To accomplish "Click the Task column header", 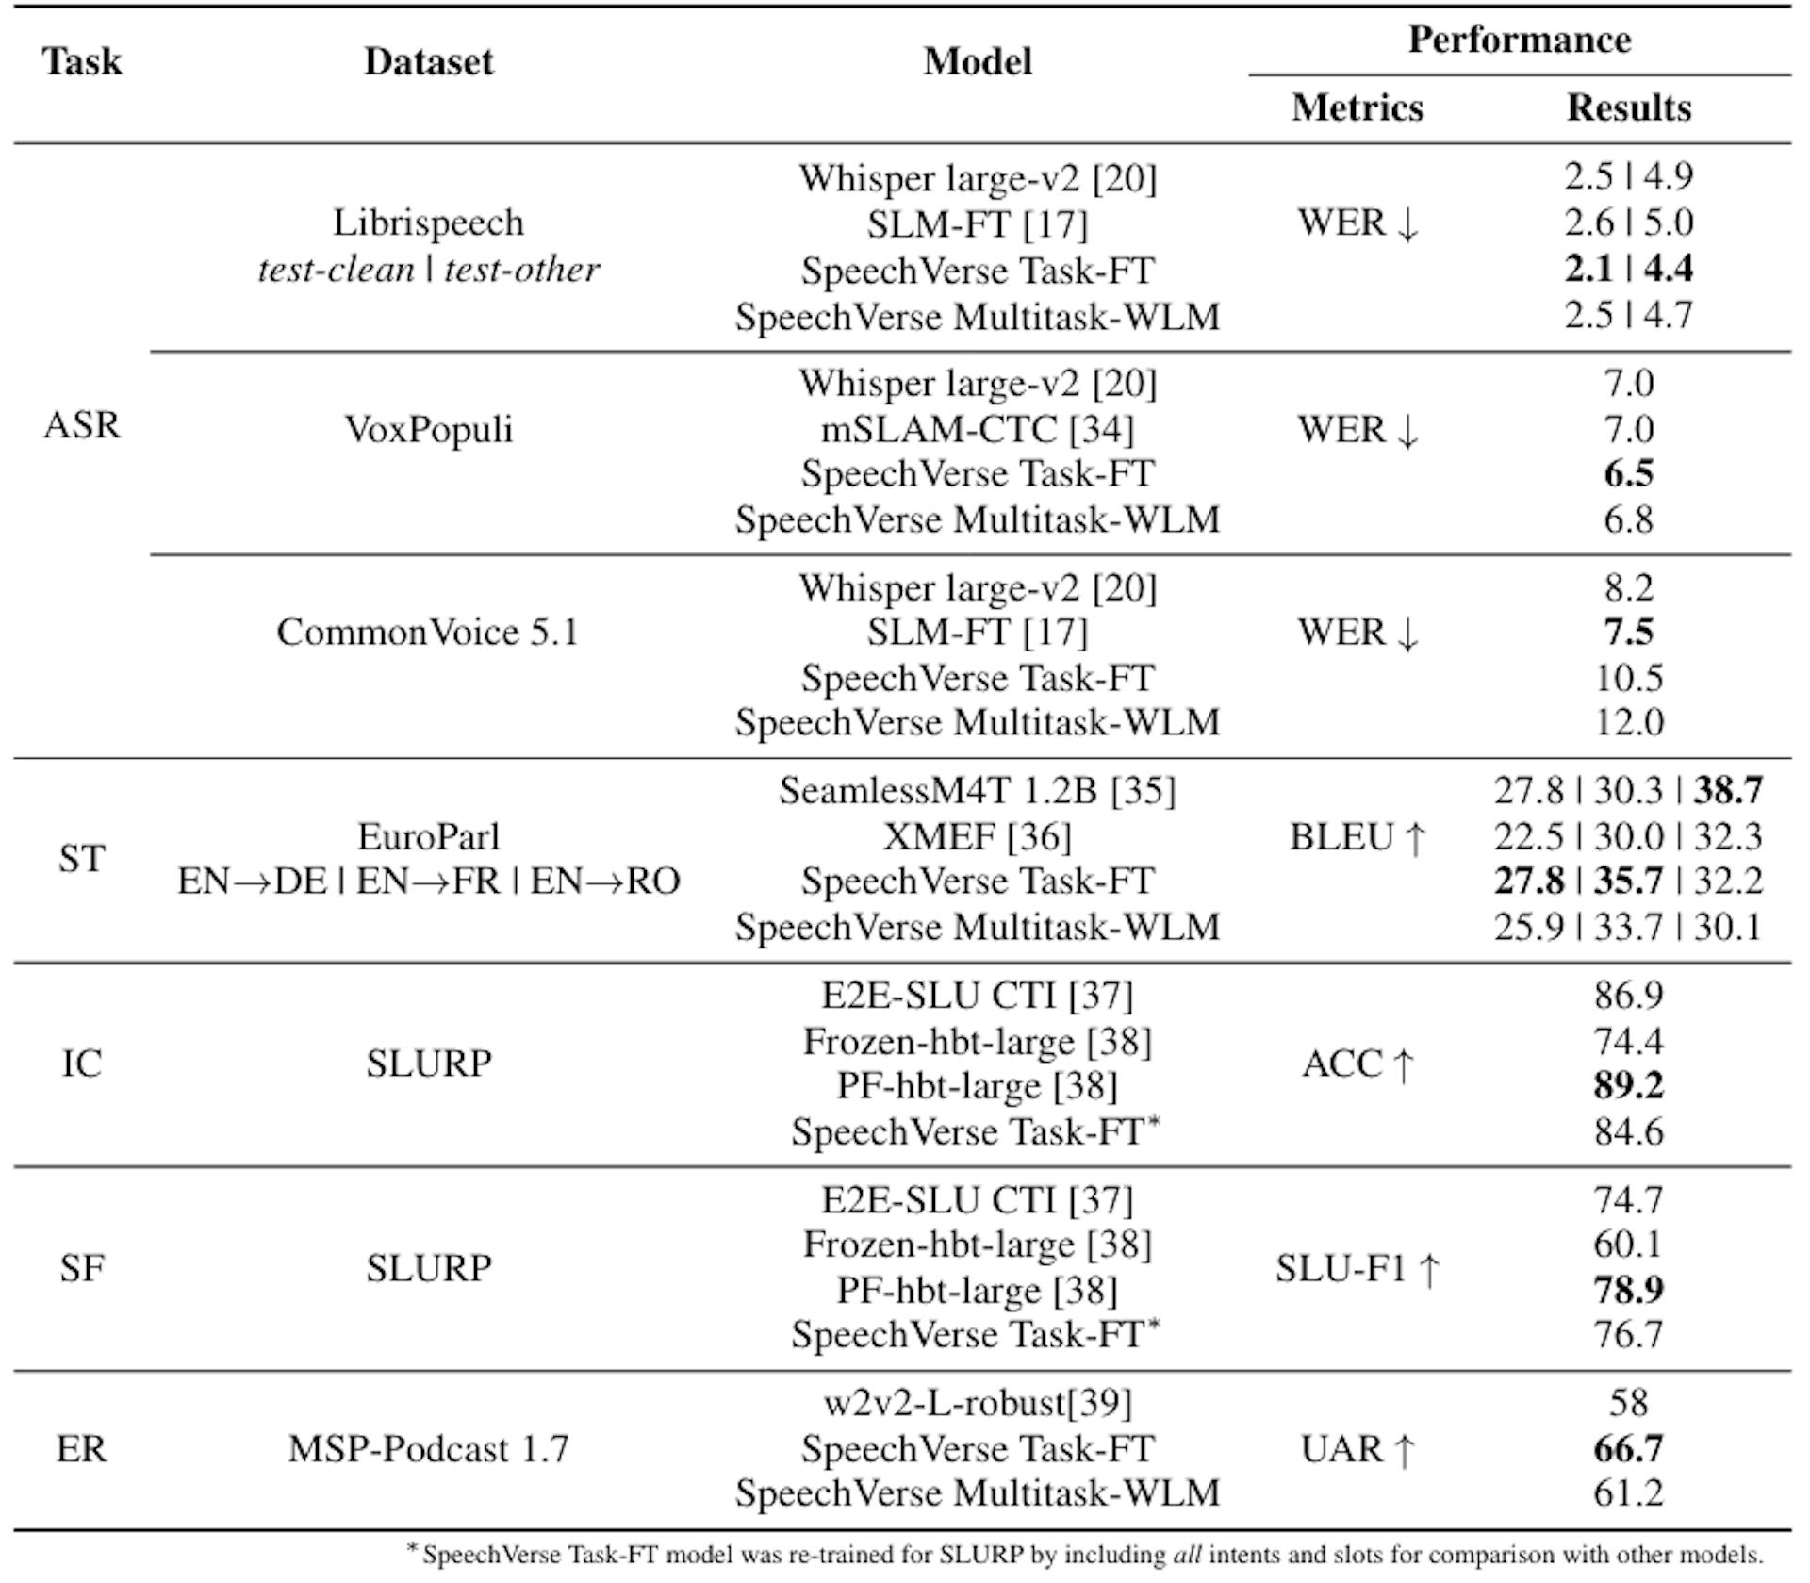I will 82,62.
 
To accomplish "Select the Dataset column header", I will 428,62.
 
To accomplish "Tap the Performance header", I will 1519,40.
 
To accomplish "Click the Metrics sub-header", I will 1357,107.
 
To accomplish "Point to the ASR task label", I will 82,425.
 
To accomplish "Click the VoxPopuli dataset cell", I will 428,430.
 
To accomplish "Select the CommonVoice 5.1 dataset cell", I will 428,632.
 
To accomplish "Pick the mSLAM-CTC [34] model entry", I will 977,430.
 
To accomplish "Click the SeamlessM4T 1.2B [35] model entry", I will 977,790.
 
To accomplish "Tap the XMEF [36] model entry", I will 977,836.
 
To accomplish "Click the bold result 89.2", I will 1628,1085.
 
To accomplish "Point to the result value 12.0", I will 1628,722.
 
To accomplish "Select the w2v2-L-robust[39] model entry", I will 977,1403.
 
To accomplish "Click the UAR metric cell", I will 1357,1449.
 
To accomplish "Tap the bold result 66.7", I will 1628,1449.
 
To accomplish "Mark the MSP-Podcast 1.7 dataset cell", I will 428,1449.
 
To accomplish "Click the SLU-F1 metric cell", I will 1357,1269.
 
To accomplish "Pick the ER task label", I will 82,1449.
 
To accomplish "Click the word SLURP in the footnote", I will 980,1555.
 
